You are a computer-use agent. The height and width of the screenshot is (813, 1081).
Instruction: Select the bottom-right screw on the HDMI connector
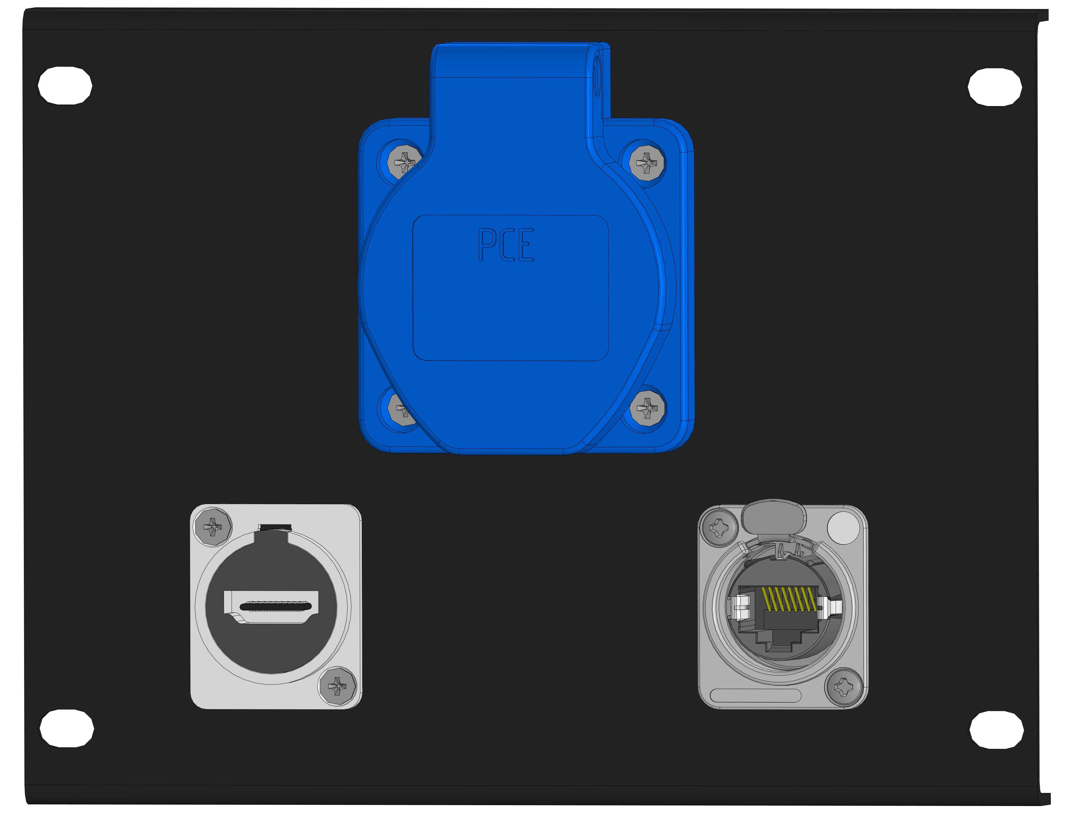click(x=337, y=686)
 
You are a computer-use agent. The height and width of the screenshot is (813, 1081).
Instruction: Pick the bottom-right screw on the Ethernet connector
click(x=844, y=688)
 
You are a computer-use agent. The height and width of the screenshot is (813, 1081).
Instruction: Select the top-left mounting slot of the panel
click(x=65, y=86)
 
